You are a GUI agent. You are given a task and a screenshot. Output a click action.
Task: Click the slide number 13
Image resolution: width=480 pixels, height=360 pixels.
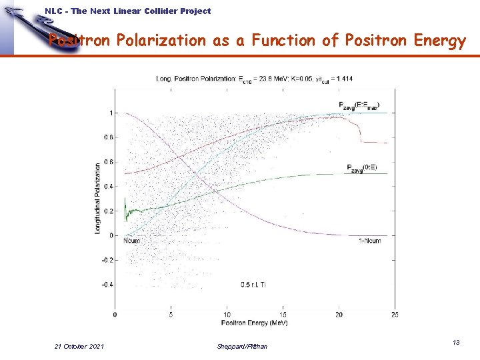point(456,342)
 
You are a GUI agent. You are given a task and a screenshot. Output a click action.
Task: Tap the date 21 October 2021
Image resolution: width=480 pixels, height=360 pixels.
point(79,346)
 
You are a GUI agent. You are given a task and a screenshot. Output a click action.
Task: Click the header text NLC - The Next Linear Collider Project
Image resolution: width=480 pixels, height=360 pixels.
point(127,11)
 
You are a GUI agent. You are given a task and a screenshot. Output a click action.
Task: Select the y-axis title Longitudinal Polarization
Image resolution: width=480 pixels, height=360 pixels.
point(98,198)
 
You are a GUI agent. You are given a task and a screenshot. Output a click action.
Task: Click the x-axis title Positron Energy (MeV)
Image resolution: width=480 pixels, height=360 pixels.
point(255,323)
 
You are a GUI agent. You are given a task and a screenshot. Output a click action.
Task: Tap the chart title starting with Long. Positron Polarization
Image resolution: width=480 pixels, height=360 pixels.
point(254,79)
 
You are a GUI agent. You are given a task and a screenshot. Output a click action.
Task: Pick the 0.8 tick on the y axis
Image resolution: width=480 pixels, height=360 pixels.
point(107,137)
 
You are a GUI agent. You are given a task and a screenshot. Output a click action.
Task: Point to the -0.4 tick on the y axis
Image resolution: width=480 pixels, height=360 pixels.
point(106,285)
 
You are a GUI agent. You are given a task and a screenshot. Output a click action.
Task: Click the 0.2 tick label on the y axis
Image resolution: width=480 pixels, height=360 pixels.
point(107,211)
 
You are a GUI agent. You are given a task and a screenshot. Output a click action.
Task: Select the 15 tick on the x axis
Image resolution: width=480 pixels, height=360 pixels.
point(283,315)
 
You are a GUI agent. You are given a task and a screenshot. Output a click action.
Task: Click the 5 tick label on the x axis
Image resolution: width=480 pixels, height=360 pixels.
point(171,315)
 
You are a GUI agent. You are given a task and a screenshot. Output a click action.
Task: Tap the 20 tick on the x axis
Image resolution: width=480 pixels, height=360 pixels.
point(339,315)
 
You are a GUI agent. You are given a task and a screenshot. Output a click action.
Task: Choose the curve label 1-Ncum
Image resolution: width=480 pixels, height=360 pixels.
point(369,241)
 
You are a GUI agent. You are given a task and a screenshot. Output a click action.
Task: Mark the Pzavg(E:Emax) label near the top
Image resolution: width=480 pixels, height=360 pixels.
point(359,105)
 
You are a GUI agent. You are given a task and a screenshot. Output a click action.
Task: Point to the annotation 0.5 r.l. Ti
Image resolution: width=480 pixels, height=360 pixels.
point(254,284)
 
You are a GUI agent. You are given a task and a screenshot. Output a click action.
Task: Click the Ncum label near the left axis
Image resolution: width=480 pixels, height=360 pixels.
point(131,240)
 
